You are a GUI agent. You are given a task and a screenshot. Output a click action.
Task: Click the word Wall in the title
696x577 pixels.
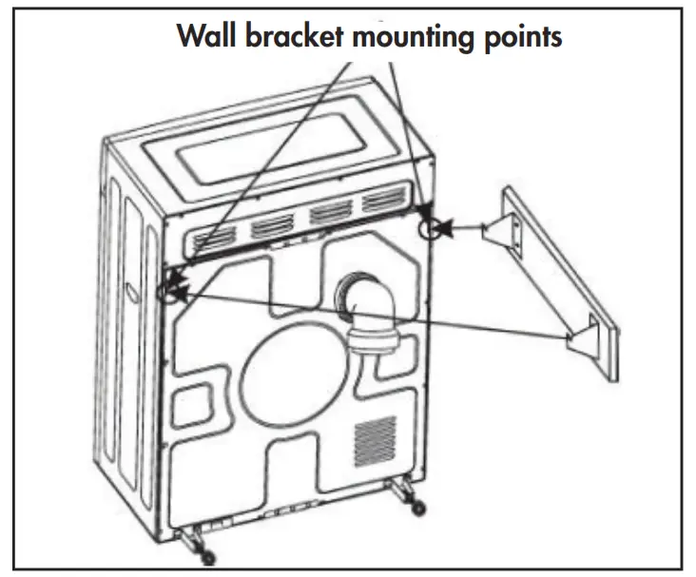tap(204, 37)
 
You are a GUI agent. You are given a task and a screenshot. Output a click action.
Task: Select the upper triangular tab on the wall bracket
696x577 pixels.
tap(498, 232)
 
